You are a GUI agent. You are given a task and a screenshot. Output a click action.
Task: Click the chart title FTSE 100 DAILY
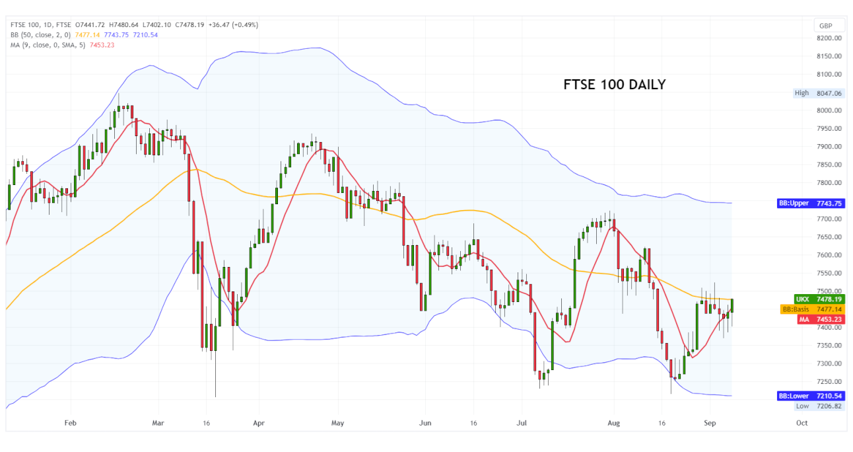pos(614,85)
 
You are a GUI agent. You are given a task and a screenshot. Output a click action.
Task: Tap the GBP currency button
pos(825,26)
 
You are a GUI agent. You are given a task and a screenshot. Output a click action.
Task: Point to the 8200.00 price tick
pos(829,38)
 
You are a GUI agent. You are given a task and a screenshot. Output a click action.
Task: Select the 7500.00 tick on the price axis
pos(829,291)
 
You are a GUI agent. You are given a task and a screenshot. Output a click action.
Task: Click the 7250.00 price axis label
pos(829,382)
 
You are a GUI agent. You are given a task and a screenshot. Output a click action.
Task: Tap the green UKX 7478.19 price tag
pos(819,299)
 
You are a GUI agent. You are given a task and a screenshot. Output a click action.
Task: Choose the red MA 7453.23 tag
pos(819,319)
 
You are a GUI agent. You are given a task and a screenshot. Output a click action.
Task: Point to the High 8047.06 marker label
pos(819,93)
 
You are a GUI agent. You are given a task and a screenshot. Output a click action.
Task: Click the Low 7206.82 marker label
pos(819,406)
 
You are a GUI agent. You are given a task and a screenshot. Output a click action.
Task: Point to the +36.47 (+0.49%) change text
pos(233,25)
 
